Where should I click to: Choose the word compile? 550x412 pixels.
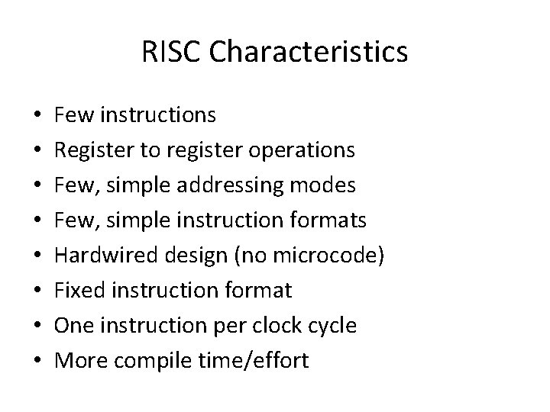click(x=154, y=361)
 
